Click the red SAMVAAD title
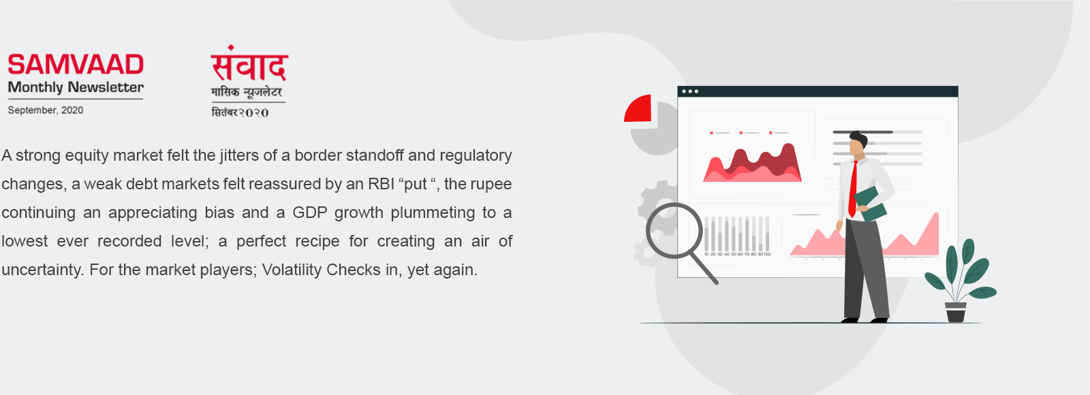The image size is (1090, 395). point(76,64)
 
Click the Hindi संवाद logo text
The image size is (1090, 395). point(249,63)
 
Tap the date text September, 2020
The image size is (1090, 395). point(45,110)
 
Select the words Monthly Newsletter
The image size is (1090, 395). point(76,88)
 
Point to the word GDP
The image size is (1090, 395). point(309,212)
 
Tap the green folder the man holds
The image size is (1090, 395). point(870,204)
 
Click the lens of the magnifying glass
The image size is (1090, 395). point(674,231)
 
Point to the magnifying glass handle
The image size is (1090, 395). point(704,270)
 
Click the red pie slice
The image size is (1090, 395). point(638,108)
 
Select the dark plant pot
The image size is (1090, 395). point(956,312)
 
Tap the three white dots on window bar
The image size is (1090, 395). point(690,91)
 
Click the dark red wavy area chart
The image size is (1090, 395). point(759,161)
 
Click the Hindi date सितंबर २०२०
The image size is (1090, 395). point(240,113)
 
